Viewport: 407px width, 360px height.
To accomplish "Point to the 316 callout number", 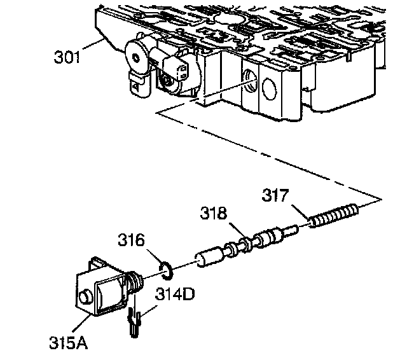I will (x=132, y=240).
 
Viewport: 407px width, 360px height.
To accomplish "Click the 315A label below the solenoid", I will (x=68, y=343).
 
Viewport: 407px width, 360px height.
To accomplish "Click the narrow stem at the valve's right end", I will (x=296, y=229).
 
